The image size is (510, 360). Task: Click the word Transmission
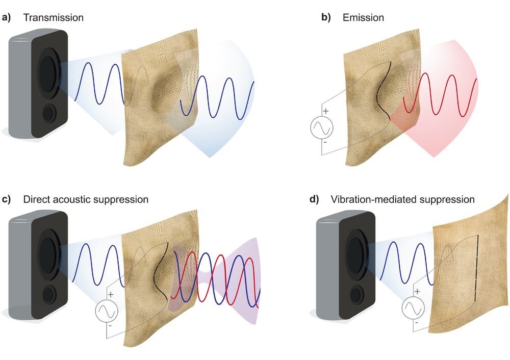[54, 18]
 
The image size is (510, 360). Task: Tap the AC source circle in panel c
[107, 311]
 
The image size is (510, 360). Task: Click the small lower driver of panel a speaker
[49, 113]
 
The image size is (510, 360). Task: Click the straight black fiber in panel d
[476, 267]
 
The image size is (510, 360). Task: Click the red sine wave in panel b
[439, 94]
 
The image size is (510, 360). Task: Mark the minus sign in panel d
[417, 322]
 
